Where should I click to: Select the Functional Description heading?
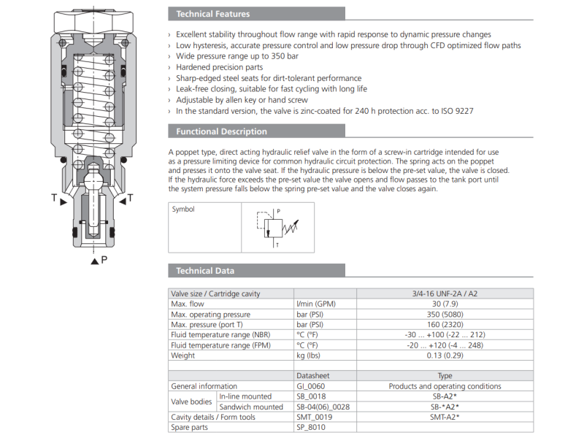tap(221, 131)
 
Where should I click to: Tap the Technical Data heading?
tap(205, 271)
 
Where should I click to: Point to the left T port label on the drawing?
tap(54, 198)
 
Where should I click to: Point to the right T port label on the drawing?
tap(131, 198)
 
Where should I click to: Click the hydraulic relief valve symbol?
tap(275, 226)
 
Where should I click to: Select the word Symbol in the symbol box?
tap(183, 210)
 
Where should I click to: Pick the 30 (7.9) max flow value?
tap(445, 304)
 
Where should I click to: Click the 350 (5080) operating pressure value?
tap(445, 314)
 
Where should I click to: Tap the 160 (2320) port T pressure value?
tap(445, 324)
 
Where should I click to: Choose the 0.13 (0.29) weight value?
tap(445, 356)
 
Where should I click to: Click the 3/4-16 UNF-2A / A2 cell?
tap(445, 293)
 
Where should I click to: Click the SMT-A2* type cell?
tap(445, 417)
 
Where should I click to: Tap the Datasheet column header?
tap(313, 376)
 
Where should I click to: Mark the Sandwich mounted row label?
tap(250, 407)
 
